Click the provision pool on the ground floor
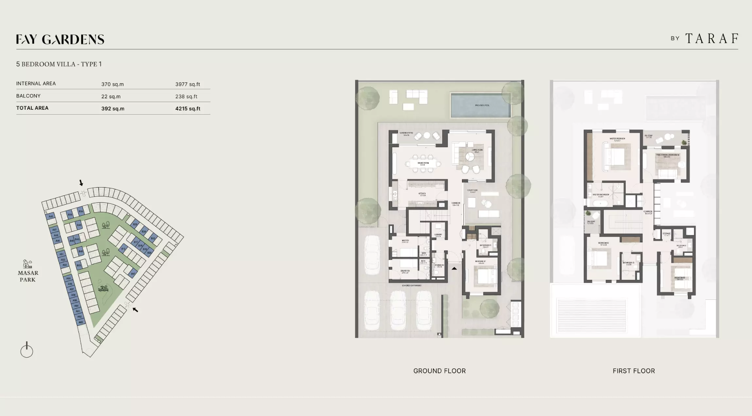point(481,105)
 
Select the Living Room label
point(477,151)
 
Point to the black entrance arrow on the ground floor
point(454,268)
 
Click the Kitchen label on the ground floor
point(422,194)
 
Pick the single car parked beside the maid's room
point(372,255)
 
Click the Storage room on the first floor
point(666,234)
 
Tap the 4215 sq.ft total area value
point(188,109)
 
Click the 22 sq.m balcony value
point(111,97)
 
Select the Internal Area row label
point(36,84)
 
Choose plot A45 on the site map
point(51,216)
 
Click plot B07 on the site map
point(133,274)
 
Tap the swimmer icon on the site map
point(103,289)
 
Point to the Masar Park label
point(28,276)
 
